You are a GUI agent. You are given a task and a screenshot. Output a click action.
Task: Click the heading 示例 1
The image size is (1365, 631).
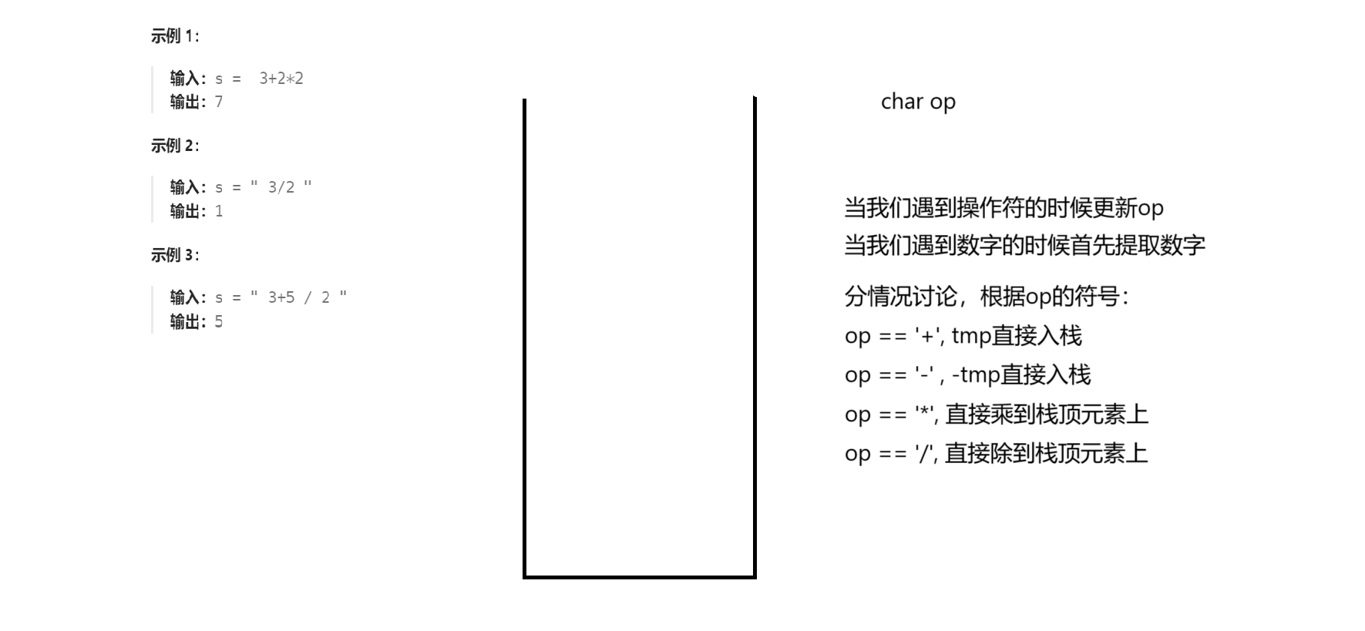click(x=174, y=36)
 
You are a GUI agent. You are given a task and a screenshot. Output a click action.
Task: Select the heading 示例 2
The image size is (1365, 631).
click(x=174, y=146)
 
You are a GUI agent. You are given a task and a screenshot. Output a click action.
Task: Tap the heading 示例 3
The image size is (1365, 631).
click(x=174, y=255)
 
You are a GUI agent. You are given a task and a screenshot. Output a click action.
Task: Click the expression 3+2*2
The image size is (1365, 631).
click(x=281, y=79)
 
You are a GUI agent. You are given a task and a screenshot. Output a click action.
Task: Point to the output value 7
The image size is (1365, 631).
click(x=219, y=102)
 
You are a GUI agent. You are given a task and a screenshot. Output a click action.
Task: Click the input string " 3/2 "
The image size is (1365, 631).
click(x=281, y=187)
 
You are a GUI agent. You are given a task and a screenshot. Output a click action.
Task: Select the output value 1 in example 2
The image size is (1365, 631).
click(x=219, y=211)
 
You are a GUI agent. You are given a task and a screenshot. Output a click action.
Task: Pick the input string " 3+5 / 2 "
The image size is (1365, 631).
click(x=299, y=297)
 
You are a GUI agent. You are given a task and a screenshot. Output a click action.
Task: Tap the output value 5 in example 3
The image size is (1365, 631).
click(x=219, y=321)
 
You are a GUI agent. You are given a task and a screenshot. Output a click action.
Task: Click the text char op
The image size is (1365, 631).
click(x=918, y=102)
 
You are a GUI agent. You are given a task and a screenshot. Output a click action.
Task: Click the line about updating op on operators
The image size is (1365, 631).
click(x=1004, y=208)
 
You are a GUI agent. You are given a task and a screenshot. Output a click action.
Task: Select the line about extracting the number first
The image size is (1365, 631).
click(x=1024, y=246)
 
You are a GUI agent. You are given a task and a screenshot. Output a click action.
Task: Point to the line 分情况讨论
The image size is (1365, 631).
click(x=987, y=297)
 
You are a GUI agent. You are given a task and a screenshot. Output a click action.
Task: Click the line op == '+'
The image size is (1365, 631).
click(x=963, y=336)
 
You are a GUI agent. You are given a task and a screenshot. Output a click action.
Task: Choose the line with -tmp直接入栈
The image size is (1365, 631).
click(x=967, y=375)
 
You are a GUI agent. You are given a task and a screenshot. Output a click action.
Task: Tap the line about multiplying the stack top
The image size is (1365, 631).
click(x=996, y=415)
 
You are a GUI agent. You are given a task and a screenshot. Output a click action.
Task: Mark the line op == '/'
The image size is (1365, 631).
click(x=996, y=454)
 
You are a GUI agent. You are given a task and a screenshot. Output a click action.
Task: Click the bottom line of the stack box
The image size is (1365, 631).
click(x=639, y=576)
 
